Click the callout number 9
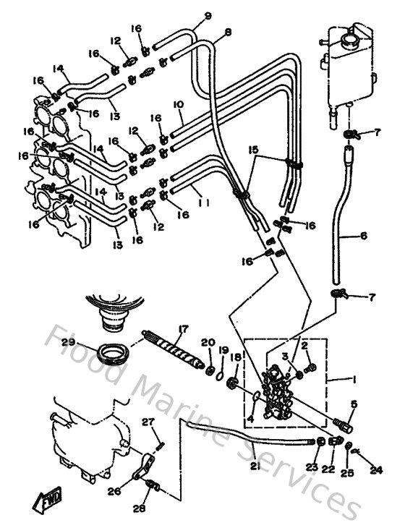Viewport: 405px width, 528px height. click(187, 16)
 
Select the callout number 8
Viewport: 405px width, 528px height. click(228, 32)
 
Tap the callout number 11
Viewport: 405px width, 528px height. click(204, 204)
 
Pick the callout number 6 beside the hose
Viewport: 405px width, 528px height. click(363, 236)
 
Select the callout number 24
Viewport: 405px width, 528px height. click(375, 469)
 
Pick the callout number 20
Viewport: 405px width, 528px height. click(208, 342)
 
